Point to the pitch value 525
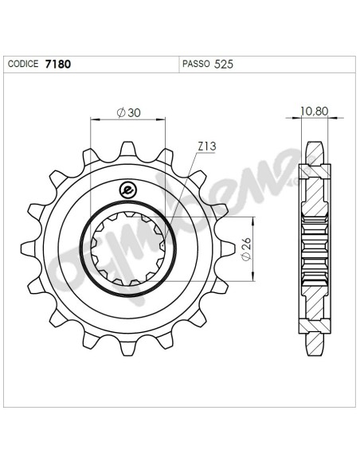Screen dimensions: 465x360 [224, 64]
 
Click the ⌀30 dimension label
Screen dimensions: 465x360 [129, 113]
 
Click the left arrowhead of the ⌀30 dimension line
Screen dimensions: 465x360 [93, 120]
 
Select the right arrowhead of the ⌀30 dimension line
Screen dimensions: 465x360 [163, 120]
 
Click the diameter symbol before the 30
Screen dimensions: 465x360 [119, 113]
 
